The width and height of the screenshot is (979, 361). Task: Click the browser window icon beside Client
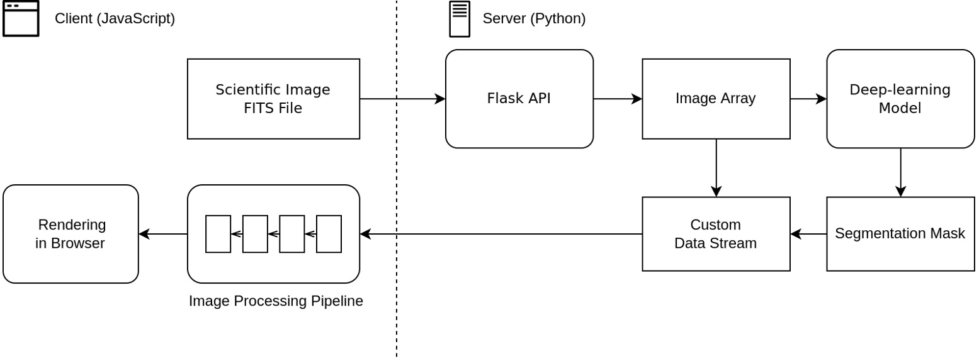[21, 19]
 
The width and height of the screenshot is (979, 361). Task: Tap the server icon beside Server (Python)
[460, 19]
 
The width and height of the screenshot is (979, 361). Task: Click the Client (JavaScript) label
[115, 19]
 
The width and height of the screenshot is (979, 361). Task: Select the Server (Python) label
[534, 19]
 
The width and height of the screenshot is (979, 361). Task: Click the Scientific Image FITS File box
[273, 99]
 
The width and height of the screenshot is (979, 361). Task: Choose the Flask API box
[519, 99]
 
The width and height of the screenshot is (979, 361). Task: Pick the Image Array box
[716, 99]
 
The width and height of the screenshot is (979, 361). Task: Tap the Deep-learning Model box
[900, 99]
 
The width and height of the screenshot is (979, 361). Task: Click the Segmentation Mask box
[900, 234]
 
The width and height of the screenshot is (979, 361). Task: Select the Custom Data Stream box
[716, 234]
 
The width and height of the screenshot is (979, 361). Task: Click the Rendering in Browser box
[71, 234]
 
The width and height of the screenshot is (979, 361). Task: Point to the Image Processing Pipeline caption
[276, 301]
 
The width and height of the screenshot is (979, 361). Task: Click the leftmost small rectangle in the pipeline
[218, 234]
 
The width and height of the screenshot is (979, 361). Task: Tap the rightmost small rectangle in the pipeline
[329, 234]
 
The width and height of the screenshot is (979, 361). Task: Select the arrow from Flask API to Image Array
[618, 99]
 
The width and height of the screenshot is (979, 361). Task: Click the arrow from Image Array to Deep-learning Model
[808, 99]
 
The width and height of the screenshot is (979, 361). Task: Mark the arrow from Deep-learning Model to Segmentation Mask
[900, 172]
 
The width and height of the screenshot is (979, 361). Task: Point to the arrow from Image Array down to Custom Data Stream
[716, 168]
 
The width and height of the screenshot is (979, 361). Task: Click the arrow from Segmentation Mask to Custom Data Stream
[808, 234]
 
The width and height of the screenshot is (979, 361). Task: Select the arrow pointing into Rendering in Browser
[163, 234]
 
